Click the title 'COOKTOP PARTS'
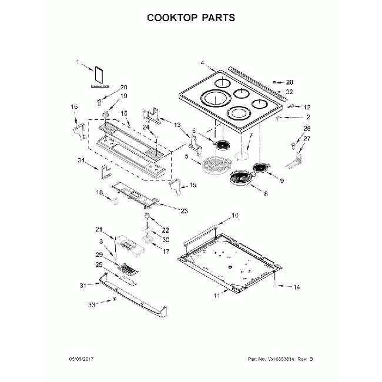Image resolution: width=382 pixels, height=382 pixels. [x=190, y=17]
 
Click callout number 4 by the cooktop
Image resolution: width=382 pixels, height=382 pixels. [x=202, y=63]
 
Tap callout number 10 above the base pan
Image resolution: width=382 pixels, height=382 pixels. [x=234, y=215]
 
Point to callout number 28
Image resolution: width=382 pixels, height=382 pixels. [x=289, y=82]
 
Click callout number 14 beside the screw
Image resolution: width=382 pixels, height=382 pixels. [x=296, y=287]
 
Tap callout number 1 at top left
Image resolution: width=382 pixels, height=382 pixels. [x=76, y=61]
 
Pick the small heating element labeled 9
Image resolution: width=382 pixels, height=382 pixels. [x=260, y=168]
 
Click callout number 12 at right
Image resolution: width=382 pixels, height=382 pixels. [x=306, y=107]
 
